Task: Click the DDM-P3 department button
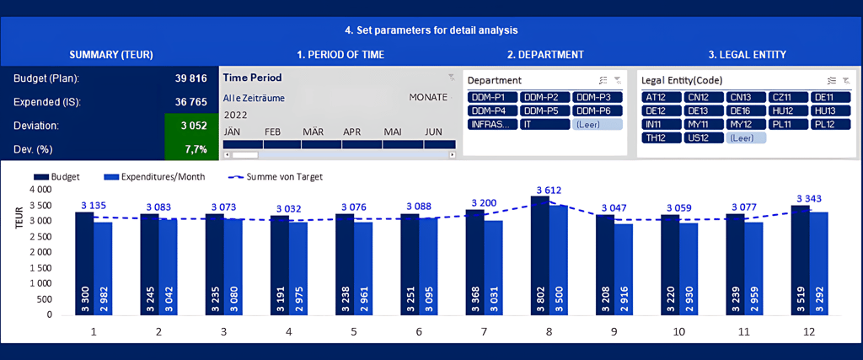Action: pos(597,98)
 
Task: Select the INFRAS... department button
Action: pos(490,124)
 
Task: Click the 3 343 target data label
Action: pos(808,199)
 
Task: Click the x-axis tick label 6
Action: pos(419,332)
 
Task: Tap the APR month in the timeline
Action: pos(351,132)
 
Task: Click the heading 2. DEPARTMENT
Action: pos(544,55)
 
